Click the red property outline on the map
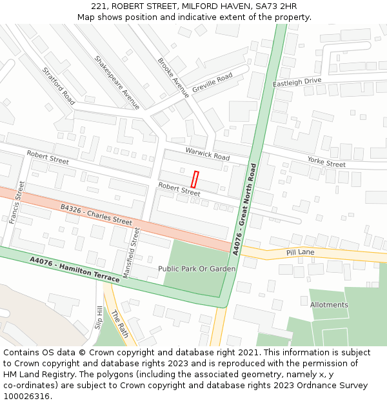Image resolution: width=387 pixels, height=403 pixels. (195, 179)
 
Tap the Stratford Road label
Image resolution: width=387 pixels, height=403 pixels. (59, 86)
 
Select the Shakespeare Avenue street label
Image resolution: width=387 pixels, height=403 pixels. (117, 82)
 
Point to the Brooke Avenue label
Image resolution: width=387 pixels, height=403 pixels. (173, 77)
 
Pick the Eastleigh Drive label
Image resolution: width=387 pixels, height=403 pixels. (297, 82)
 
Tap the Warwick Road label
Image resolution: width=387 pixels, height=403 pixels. (208, 153)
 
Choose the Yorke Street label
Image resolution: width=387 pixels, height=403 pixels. (326, 162)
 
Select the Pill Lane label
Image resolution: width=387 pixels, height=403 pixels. (300, 252)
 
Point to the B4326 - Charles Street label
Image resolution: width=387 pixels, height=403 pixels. (96, 215)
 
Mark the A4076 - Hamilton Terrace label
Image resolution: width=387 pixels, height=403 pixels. (75, 269)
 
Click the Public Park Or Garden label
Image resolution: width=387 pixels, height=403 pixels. (197, 268)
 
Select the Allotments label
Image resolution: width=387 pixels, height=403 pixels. (329, 304)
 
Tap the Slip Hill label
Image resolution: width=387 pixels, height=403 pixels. (99, 318)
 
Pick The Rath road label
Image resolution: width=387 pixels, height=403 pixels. (120, 324)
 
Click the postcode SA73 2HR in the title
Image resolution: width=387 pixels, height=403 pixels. (275, 6)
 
